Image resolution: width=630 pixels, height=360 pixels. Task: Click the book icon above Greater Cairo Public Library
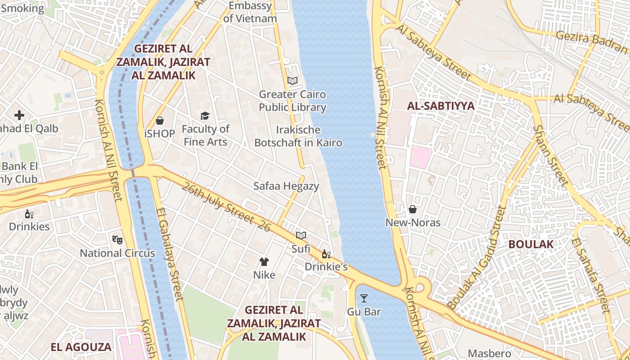click(x=292, y=81)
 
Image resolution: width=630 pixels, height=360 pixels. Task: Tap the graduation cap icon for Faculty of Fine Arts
click(x=205, y=116)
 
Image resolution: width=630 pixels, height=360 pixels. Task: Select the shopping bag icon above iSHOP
click(x=159, y=121)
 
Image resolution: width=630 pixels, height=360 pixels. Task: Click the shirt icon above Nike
click(x=264, y=262)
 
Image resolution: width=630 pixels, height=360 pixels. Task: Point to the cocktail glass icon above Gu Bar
click(x=364, y=298)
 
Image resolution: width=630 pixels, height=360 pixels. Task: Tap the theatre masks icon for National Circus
click(x=117, y=239)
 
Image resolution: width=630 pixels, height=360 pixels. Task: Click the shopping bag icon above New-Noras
click(x=412, y=209)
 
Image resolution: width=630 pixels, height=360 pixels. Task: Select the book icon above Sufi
click(x=301, y=235)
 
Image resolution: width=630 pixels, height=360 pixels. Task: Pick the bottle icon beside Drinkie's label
click(x=326, y=254)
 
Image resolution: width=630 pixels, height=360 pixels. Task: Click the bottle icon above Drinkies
click(x=29, y=214)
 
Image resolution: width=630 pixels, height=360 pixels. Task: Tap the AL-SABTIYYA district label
click(x=441, y=106)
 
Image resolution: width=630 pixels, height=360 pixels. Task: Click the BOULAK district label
click(x=531, y=244)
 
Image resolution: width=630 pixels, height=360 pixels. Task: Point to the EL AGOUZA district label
click(x=81, y=347)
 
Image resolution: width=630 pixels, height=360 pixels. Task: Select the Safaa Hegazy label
click(x=286, y=186)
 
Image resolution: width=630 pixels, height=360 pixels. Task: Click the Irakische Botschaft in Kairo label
click(x=298, y=136)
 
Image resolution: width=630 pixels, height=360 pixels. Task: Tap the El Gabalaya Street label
click(x=170, y=254)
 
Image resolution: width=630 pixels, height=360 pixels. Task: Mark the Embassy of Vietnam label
click(x=250, y=12)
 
